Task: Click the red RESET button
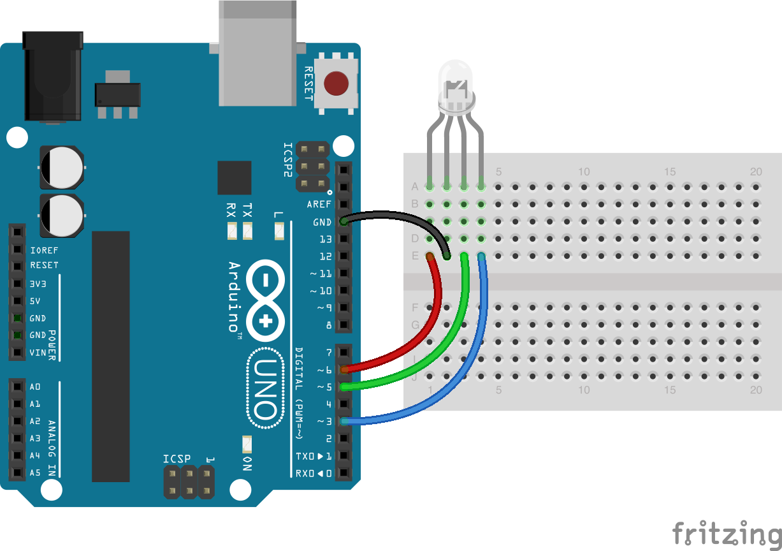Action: click(336, 84)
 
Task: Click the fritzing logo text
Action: click(727, 533)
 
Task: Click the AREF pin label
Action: click(319, 205)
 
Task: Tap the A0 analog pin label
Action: click(35, 386)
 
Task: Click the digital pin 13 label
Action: click(325, 239)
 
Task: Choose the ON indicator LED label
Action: click(247, 464)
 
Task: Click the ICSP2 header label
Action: click(287, 159)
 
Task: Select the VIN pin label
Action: click(38, 352)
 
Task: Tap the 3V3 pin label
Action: click(39, 283)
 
